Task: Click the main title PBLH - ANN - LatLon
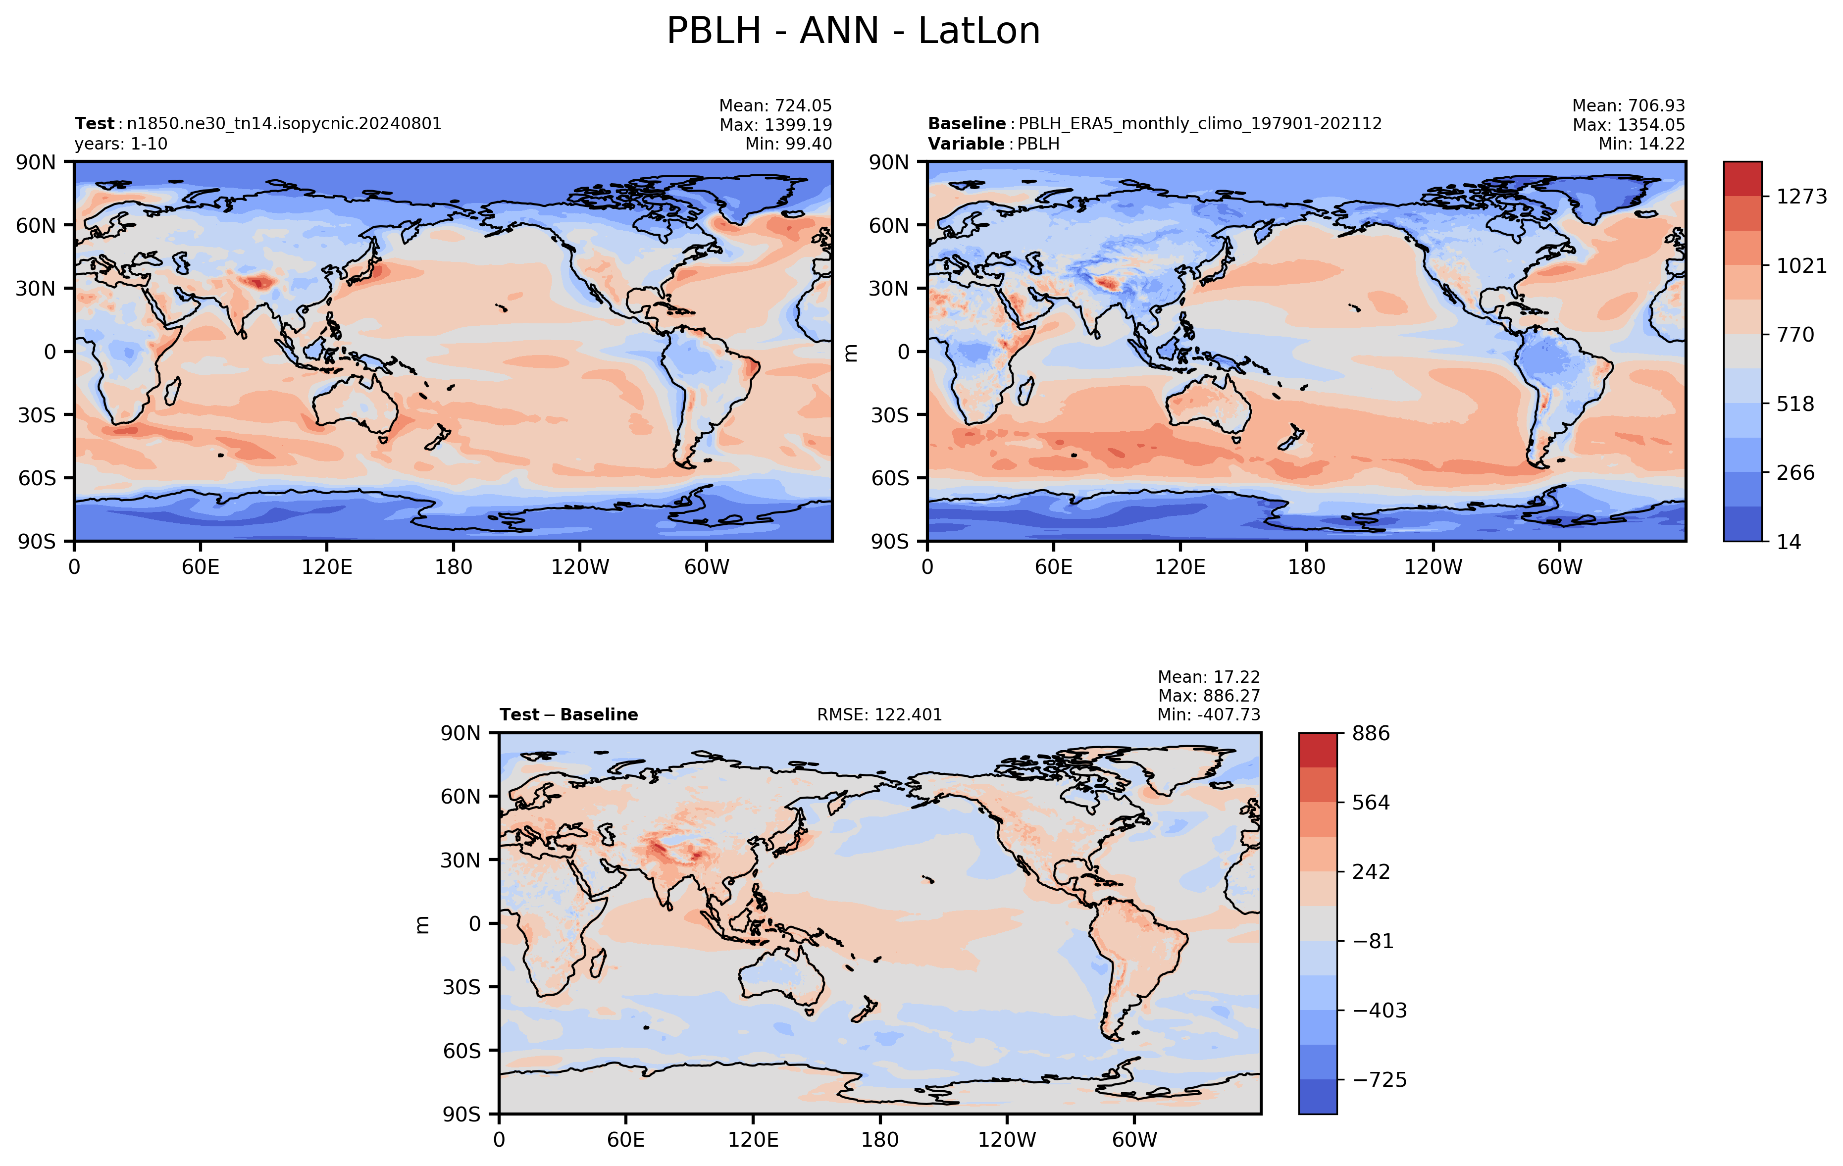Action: [x=853, y=31]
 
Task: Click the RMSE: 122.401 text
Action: [x=879, y=714]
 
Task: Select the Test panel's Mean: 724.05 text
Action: [x=775, y=105]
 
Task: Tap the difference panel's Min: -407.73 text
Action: [x=1209, y=714]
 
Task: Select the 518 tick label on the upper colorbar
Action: [x=1795, y=404]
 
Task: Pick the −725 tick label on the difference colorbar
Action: [x=1379, y=1079]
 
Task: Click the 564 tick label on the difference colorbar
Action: [x=1371, y=803]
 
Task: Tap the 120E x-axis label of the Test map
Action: [x=327, y=567]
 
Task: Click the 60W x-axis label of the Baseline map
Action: [x=1560, y=567]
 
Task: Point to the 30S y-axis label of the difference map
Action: [x=461, y=987]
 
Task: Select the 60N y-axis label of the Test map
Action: [x=36, y=226]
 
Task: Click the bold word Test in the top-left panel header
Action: [x=94, y=124]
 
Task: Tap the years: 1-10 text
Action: [x=121, y=144]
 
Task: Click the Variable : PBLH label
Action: [x=993, y=144]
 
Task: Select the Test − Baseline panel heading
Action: [x=568, y=714]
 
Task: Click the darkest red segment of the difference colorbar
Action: [x=1318, y=750]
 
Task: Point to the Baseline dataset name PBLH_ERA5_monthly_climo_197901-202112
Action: [x=1200, y=124]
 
